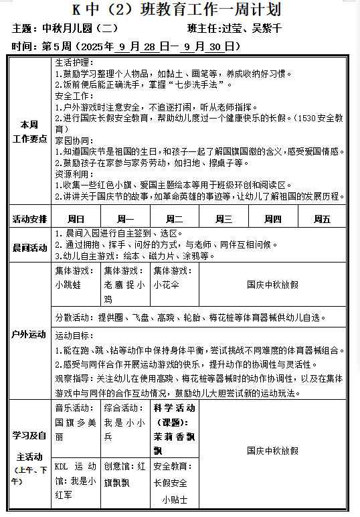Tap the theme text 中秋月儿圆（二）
[80, 29]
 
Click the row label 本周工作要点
[30, 131]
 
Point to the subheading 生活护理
[72, 62]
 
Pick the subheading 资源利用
[72, 173]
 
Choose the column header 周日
[76, 219]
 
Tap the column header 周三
[223, 219]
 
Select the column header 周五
[323, 219]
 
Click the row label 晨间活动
[30, 247]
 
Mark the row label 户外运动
[30, 334]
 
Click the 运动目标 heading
[73, 335]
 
